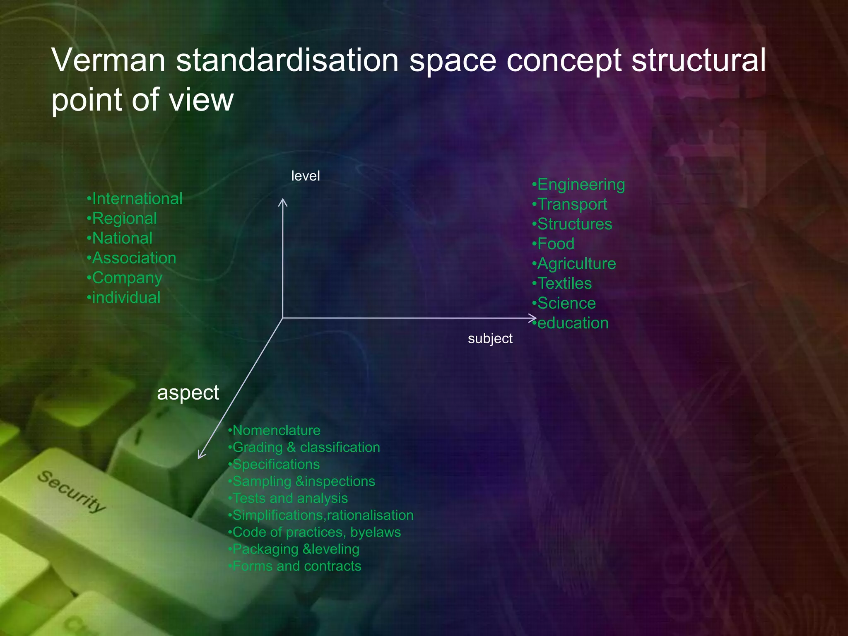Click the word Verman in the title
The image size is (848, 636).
click(x=108, y=60)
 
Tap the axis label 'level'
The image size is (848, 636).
click(x=305, y=176)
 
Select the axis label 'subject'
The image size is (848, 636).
click(x=490, y=339)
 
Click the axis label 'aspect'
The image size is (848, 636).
click(x=188, y=393)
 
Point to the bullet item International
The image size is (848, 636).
click(x=137, y=199)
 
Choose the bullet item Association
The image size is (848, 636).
click(x=134, y=258)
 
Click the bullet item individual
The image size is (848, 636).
click(x=126, y=298)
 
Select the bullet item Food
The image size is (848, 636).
click(x=555, y=244)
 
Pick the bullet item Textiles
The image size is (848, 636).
click(x=564, y=284)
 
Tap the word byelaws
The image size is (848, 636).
click(x=376, y=532)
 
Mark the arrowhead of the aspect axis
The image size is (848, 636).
click(x=200, y=456)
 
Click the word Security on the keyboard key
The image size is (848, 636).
click(x=71, y=491)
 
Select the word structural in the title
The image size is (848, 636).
click(x=699, y=60)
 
